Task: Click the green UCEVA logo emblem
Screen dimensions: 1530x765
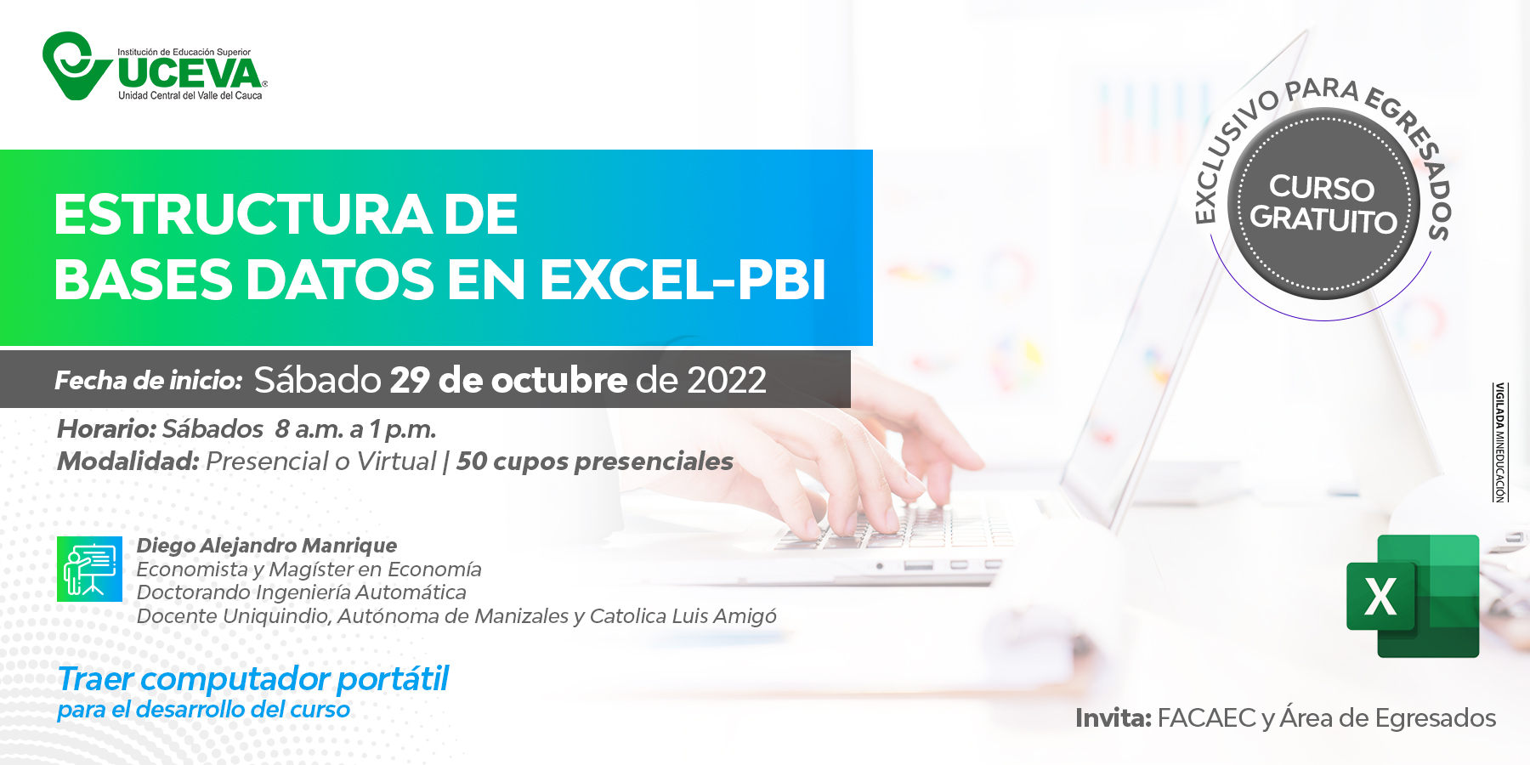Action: (76, 65)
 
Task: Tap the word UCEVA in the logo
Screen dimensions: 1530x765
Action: (190, 73)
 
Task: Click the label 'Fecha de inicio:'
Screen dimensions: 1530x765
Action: (149, 380)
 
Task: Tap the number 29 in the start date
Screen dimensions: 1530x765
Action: (410, 380)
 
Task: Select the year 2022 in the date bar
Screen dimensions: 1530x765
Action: (727, 380)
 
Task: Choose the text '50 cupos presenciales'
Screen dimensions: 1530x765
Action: (595, 461)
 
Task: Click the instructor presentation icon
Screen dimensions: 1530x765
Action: (89, 569)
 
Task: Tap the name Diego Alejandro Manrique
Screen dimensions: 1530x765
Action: (267, 545)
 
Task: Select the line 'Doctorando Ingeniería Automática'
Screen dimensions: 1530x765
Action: (302, 592)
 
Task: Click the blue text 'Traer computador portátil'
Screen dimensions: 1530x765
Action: (253, 679)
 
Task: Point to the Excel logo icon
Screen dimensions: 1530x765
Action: (1413, 596)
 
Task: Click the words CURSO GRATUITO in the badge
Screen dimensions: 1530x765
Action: (1323, 204)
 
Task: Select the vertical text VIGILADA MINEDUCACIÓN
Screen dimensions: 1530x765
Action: (1500, 442)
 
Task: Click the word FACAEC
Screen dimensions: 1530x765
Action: (1207, 718)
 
